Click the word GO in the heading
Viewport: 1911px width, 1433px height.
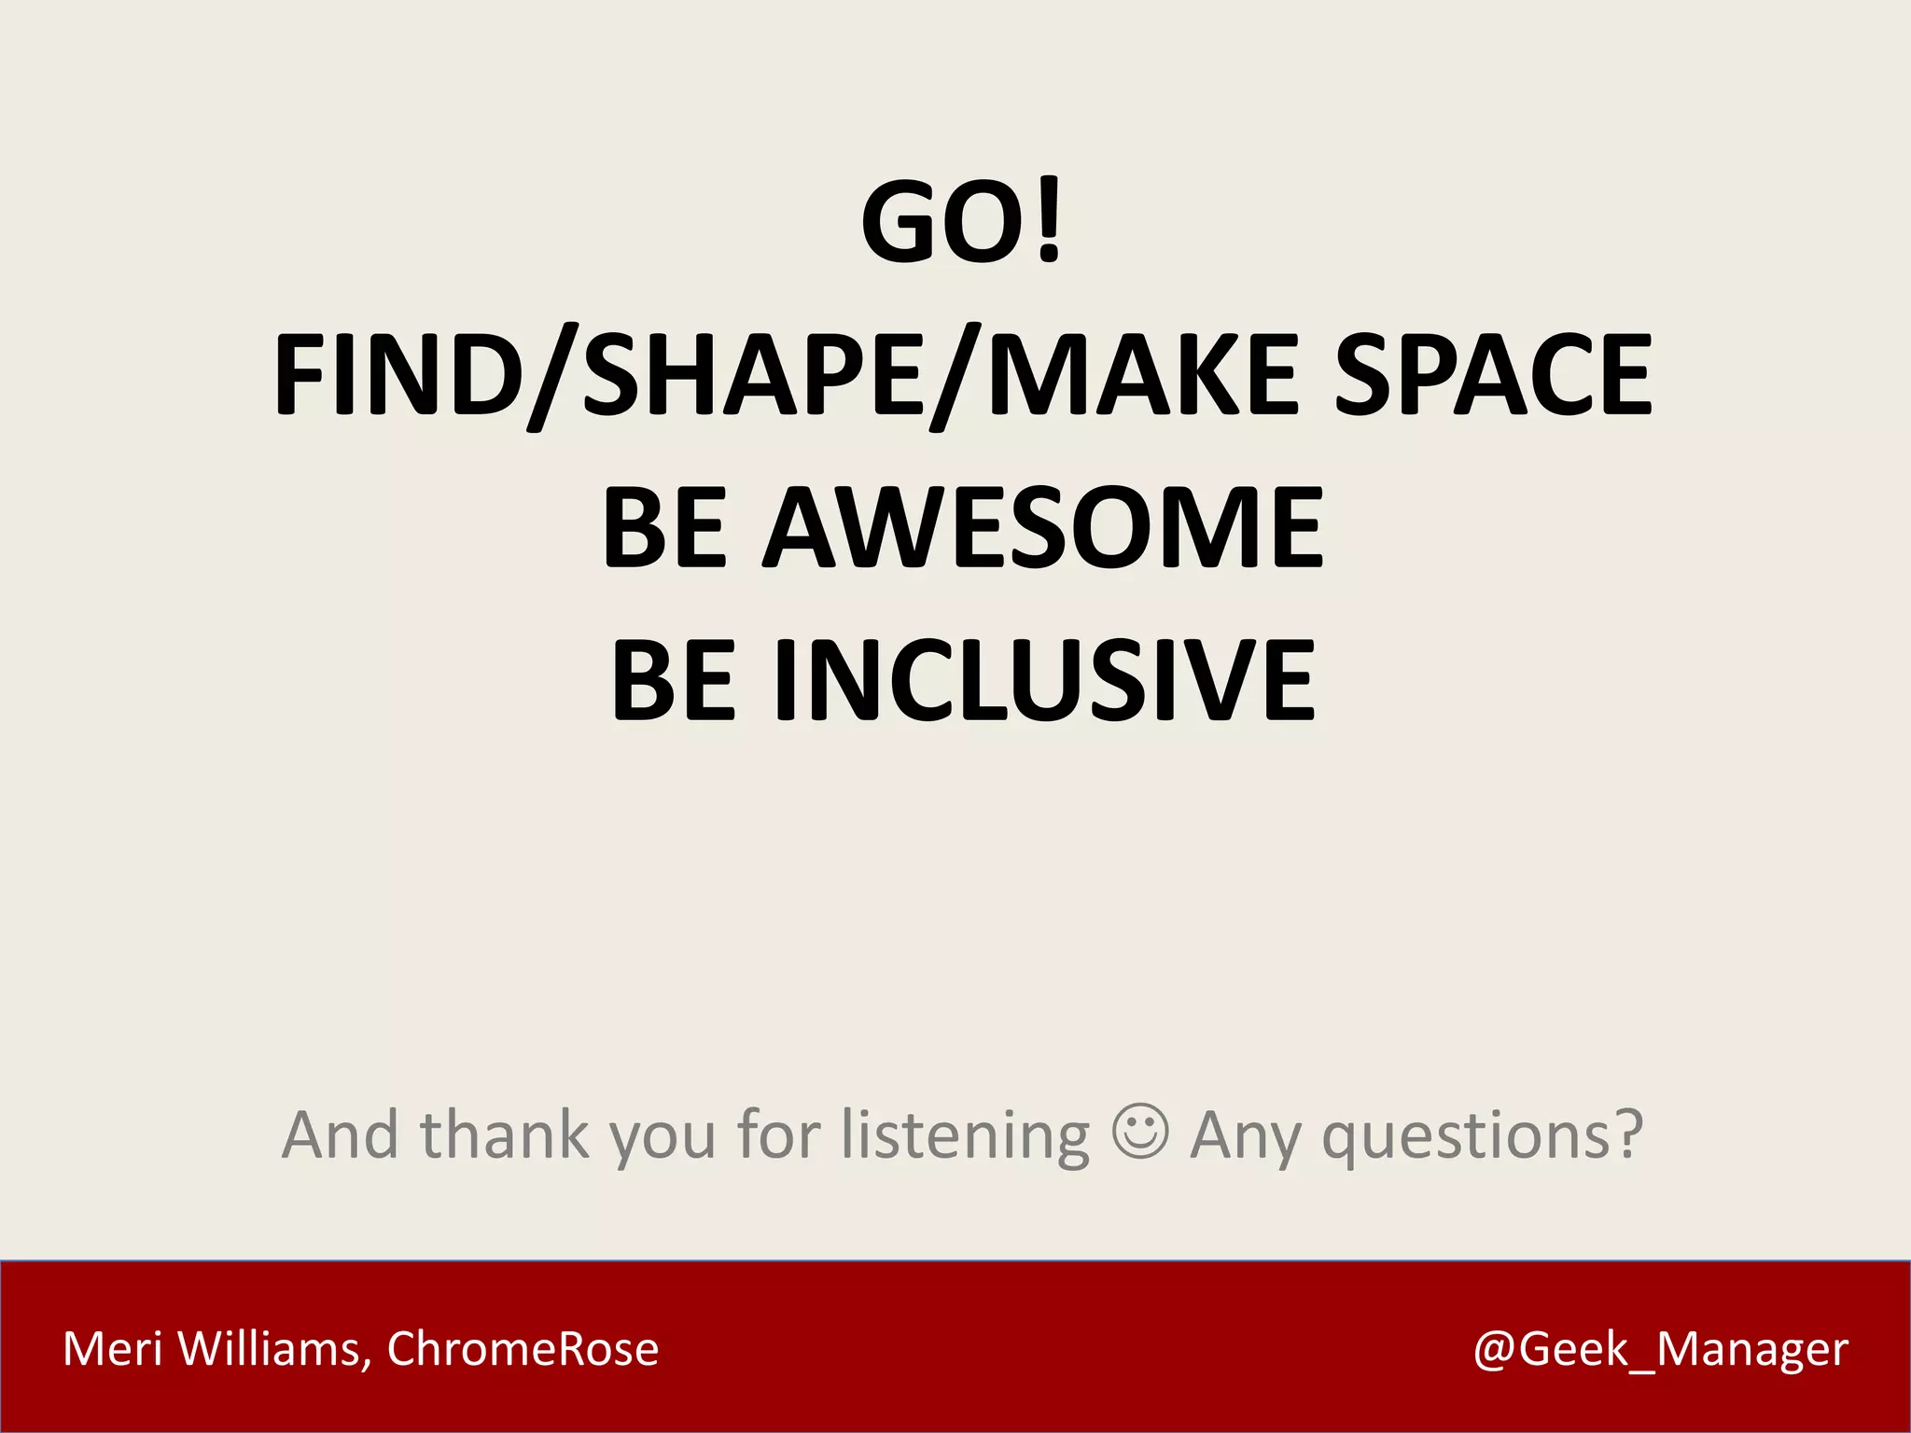942,222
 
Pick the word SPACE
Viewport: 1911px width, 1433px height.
1494,375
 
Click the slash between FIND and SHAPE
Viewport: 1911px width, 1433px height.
552,377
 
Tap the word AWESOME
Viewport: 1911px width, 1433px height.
1044,528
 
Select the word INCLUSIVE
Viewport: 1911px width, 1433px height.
1046,680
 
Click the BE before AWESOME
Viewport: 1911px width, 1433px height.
665,528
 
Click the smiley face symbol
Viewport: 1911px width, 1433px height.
1140,1132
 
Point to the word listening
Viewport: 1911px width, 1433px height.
966,1136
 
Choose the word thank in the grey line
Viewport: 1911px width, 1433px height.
505,1134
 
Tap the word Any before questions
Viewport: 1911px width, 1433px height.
1247,1136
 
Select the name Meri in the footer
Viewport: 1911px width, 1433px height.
112,1349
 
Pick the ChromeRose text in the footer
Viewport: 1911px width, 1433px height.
523,1349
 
